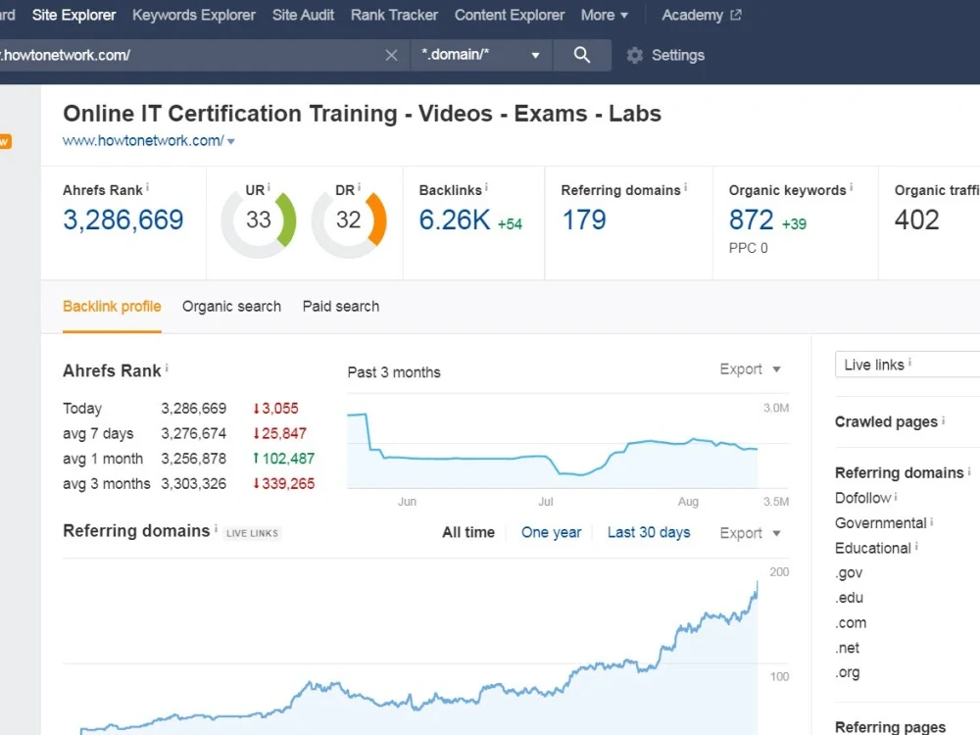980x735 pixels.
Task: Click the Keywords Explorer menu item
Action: (x=194, y=15)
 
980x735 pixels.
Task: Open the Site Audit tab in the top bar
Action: (x=303, y=15)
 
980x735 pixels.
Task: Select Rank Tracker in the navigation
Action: (x=394, y=15)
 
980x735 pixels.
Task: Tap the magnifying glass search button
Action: (x=582, y=55)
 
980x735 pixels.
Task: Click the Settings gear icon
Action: (x=635, y=56)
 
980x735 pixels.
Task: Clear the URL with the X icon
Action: (x=391, y=56)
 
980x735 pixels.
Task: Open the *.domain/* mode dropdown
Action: (x=481, y=55)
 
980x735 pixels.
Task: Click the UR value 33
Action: (x=258, y=220)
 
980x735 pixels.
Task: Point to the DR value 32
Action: (x=348, y=220)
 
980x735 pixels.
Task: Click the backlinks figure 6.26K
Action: (x=455, y=220)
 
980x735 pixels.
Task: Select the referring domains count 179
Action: (x=584, y=220)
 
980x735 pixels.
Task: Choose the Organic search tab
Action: (x=232, y=306)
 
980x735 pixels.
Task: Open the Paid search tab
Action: (x=341, y=306)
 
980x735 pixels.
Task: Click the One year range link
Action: (x=551, y=532)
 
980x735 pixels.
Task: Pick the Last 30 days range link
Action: (x=649, y=532)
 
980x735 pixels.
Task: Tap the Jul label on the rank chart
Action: (x=546, y=501)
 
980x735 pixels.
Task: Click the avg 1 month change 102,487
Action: (x=284, y=459)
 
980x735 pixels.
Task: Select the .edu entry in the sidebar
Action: (x=850, y=598)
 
